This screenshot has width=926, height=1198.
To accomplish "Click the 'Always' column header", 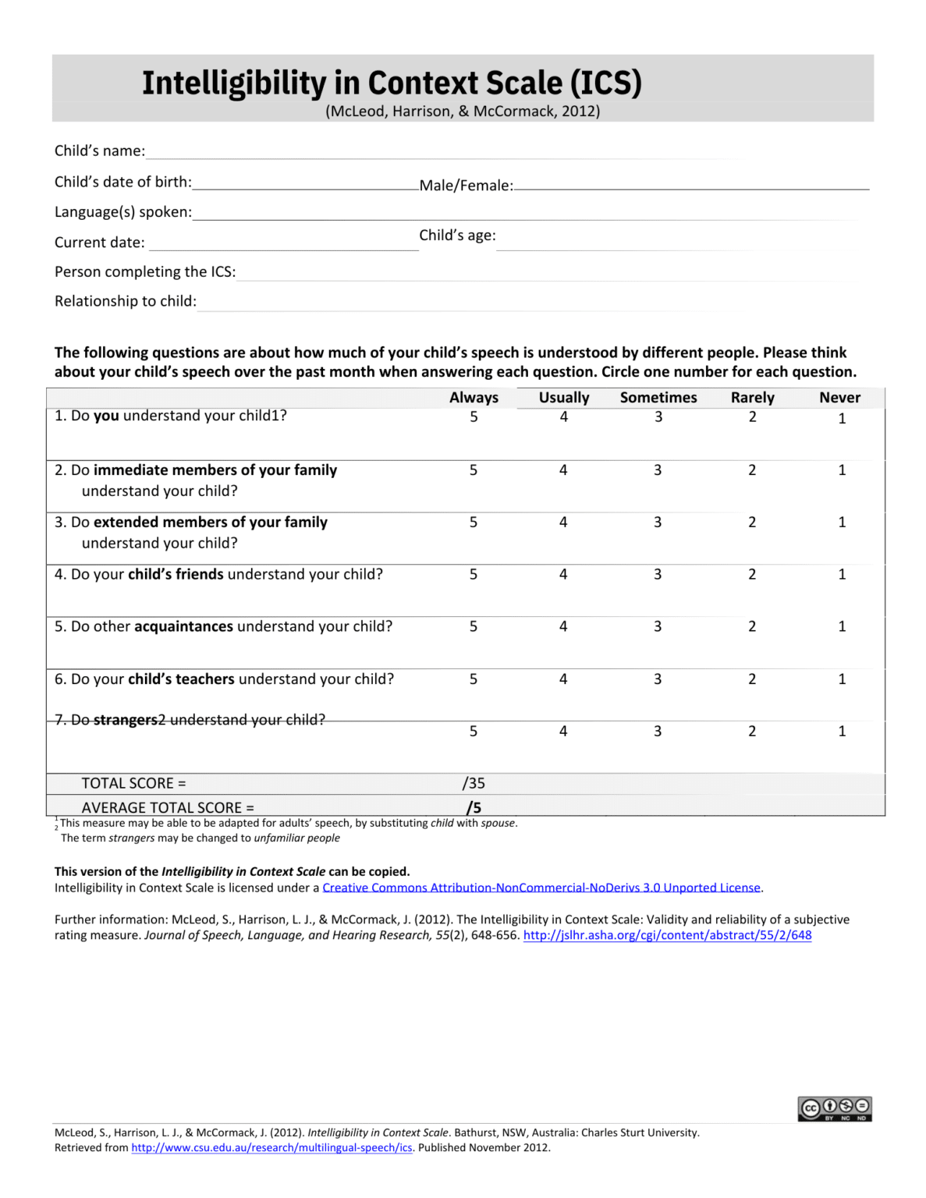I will (474, 397).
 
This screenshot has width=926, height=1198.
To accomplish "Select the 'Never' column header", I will (839, 397).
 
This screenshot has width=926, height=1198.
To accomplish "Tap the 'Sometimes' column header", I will (658, 397).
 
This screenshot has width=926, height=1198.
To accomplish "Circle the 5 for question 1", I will (474, 416).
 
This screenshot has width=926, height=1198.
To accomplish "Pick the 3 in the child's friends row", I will (658, 574).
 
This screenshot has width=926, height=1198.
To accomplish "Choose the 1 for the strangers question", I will (842, 731).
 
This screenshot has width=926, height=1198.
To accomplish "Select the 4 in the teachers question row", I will (563, 679).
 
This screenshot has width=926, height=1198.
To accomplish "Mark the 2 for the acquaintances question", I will (752, 626).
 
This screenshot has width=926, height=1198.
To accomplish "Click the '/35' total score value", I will (474, 783).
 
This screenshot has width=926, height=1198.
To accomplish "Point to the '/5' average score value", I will (474, 807).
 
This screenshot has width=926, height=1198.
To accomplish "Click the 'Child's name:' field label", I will (100, 151).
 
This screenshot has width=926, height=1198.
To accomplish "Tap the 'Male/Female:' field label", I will (466, 186).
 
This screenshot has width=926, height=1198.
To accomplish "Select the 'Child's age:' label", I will (457, 236).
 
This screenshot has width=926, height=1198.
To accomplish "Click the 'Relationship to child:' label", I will (126, 301).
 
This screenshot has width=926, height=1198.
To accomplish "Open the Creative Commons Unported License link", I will (541, 888).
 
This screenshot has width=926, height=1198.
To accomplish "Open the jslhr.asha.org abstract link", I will (667, 935).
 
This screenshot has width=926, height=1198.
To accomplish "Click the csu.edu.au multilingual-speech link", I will (271, 1147).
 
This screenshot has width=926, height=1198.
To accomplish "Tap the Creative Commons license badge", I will (834, 1108).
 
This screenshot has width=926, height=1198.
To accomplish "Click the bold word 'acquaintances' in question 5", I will (183, 626).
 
